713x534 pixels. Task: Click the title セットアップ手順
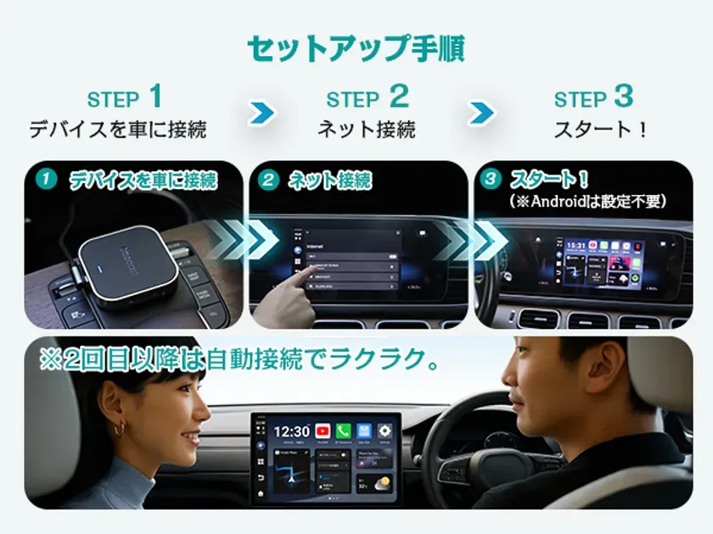[x=356, y=48]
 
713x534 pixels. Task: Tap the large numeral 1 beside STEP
[x=154, y=96]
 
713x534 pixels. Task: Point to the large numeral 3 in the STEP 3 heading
[x=624, y=96]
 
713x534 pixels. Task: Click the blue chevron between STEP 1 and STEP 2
[x=262, y=113]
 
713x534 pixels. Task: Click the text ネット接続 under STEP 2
[x=367, y=130]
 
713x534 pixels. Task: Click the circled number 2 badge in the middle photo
[x=268, y=180]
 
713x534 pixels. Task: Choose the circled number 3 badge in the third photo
[x=490, y=180]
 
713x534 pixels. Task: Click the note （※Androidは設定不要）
[x=587, y=202]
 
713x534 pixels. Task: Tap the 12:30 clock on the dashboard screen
[x=291, y=431]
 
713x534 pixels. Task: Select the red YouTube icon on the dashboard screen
[x=323, y=431]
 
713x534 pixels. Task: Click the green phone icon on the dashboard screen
[x=343, y=431]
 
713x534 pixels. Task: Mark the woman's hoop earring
[x=119, y=431]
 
